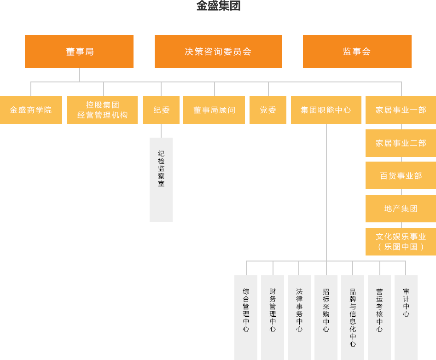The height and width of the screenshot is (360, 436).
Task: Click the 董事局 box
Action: [x=79, y=52]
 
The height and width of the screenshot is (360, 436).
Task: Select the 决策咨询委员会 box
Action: [x=218, y=52]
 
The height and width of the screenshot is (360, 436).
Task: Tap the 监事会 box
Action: [x=357, y=52]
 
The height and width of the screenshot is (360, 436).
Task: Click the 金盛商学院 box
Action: [x=31, y=110]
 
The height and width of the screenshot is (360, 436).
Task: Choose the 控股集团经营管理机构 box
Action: [x=103, y=110]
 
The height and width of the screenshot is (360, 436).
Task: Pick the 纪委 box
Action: [x=161, y=110]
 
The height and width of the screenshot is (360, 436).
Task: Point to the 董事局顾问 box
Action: [x=214, y=110]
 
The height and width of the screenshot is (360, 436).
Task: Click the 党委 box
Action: [x=268, y=110]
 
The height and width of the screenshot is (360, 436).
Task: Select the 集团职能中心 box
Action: [x=326, y=110]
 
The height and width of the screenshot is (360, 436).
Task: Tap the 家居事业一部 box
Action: [x=401, y=110]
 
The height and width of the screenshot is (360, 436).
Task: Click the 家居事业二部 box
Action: [x=401, y=143]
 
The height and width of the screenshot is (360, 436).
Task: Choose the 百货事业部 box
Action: [x=401, y=176]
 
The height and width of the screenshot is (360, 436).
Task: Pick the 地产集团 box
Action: [x=401, y=209]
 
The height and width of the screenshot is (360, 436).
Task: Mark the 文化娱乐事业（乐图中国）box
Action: [x=401, y=242]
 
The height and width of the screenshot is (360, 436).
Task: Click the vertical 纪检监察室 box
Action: [x=161, y=179]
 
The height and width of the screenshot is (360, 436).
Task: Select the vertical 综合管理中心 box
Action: [x=246, y=317]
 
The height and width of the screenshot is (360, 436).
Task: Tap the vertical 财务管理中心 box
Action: [x=273, y=317]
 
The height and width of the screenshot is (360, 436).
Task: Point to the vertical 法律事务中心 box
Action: [x=299, y=317]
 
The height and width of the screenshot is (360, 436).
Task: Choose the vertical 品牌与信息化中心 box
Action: [x=353, y=317]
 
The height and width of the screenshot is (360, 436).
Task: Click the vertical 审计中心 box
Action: [x=406, y=317]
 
